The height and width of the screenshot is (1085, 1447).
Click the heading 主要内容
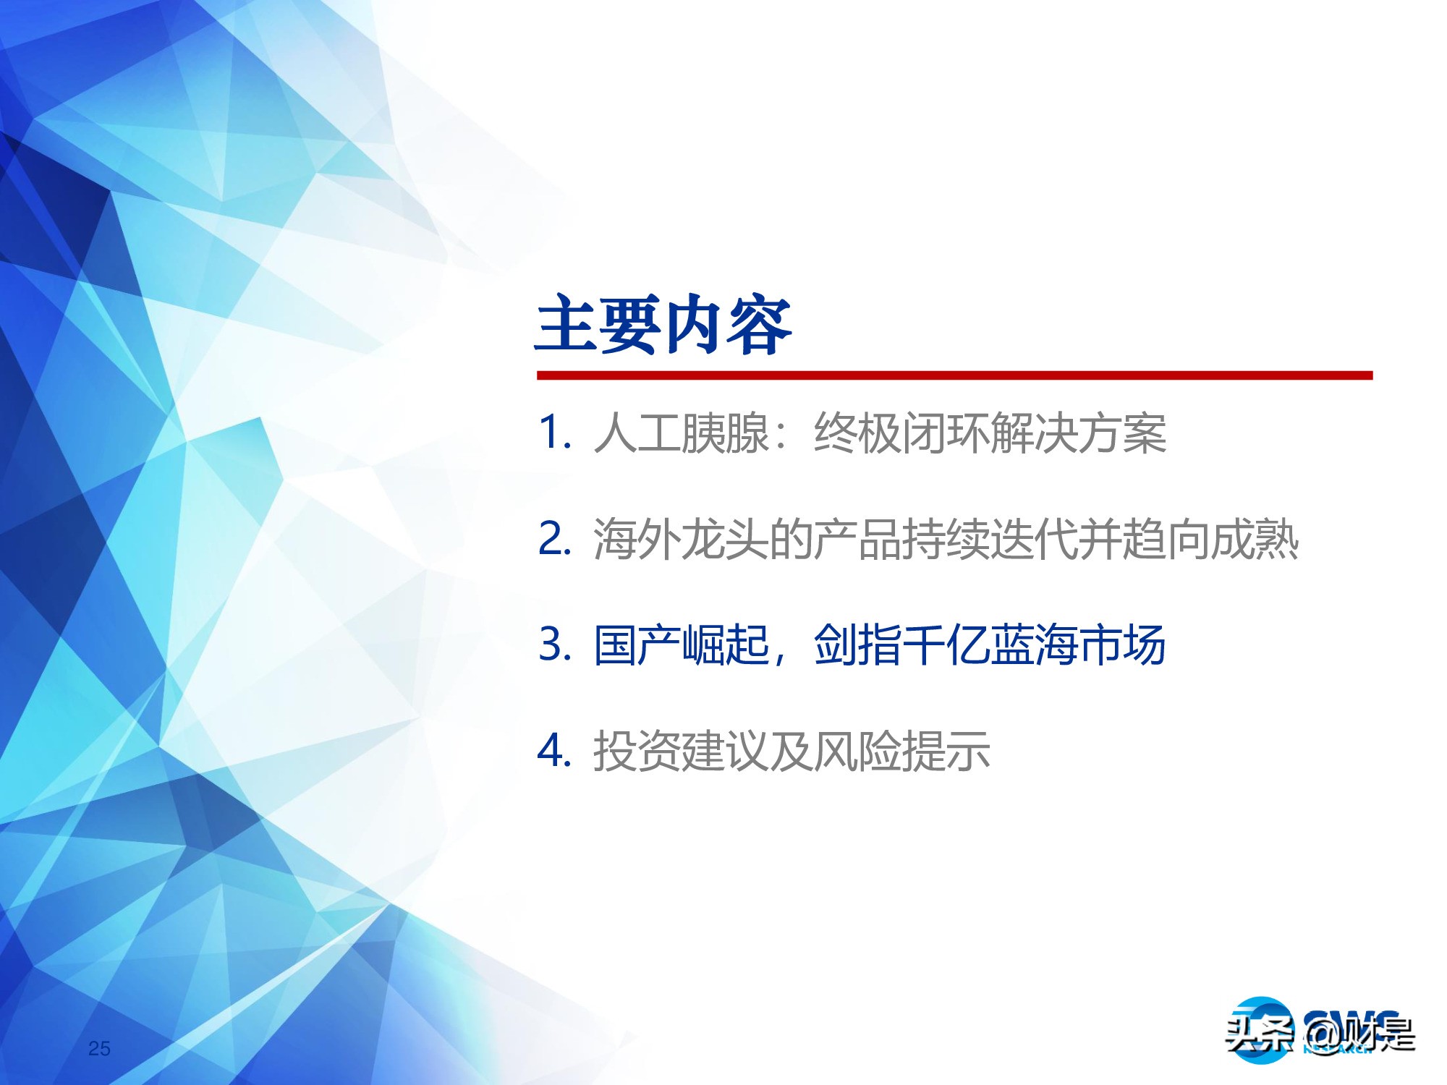pos(663,325)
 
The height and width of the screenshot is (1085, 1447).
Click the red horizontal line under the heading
pos(954,375)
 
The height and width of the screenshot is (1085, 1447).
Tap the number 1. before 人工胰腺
pos(556,433)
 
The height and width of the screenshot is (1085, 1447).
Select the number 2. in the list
pos(556,539)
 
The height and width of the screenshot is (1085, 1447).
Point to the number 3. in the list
pos(556,644)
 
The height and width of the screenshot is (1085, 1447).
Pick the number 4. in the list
pos(556,750)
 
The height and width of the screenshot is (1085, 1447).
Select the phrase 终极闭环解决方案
pos(990,434)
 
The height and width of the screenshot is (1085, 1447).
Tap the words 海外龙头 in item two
pos(680,540)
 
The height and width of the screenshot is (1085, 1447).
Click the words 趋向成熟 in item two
pos(1210,540)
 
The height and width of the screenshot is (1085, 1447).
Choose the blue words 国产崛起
pos(680,644)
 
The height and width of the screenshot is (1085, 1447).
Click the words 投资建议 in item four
pos(680,751)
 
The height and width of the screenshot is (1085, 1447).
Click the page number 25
pos(99,1048)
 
